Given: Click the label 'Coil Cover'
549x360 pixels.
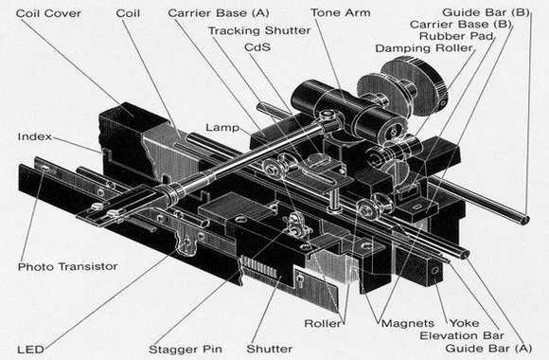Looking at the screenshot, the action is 48,13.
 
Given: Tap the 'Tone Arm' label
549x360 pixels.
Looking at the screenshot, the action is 341,13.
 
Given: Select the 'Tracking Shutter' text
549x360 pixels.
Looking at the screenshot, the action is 259,30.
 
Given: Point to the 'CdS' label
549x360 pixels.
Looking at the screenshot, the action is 257,47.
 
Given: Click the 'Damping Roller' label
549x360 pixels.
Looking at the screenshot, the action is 424,48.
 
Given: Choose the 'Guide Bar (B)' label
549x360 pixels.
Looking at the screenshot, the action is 486,12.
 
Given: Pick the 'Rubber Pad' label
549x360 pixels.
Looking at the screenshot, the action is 456,36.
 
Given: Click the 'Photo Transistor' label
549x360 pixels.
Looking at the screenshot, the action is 67,266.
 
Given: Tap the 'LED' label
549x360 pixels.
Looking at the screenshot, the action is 31,350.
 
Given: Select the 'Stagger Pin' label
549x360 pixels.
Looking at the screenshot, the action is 186,350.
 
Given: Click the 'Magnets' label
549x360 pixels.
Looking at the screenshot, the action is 408,323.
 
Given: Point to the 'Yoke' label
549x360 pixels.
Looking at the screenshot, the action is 464,323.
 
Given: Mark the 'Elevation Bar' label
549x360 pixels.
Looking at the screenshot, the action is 462,335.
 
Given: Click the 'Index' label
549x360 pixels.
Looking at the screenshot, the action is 35,136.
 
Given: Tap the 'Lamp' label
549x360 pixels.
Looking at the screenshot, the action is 222,127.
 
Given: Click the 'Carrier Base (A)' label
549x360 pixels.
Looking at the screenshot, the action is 219,13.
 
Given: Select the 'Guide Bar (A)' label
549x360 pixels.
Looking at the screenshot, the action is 488,348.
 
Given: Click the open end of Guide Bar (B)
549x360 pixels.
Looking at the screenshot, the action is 524,220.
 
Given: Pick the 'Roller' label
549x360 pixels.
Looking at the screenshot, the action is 323,323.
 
